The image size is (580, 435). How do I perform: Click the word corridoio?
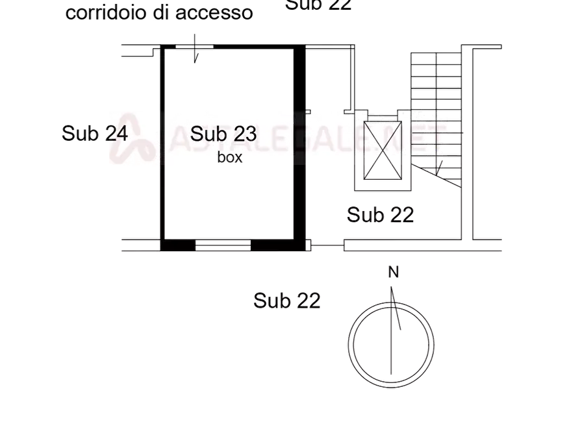point(106,13)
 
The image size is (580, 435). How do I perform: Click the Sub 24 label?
point(95,134)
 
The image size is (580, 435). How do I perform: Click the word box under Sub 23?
point(231,158)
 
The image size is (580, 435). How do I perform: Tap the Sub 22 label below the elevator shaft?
point(381,215)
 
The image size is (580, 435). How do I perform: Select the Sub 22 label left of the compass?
point(288,301)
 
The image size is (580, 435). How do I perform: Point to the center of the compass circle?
point(392,345)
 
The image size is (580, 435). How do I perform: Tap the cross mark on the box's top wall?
point(196,46)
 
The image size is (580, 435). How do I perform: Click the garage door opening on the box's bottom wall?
point(223,245)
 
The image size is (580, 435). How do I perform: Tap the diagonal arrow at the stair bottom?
point(440,169)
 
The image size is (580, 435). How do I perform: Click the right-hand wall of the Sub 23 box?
point(299,143)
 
